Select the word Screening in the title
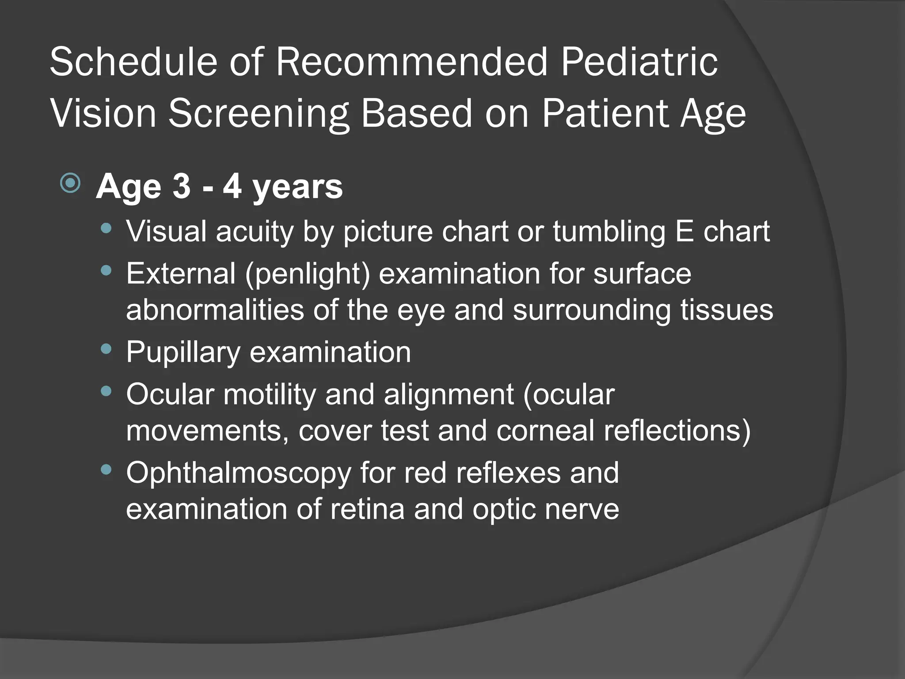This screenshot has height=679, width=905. pos(259,114)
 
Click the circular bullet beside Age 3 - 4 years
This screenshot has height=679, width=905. pos(70,183)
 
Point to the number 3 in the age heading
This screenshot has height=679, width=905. pos(182,186)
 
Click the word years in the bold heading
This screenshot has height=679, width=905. pos(297,187)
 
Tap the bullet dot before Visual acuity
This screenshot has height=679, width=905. pos(106,229)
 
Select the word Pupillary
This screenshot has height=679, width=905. pos(183,352)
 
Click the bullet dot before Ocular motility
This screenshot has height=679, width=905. pos(106,391)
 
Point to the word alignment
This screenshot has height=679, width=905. pos(449,394)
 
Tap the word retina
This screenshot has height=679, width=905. pos(367,509)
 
